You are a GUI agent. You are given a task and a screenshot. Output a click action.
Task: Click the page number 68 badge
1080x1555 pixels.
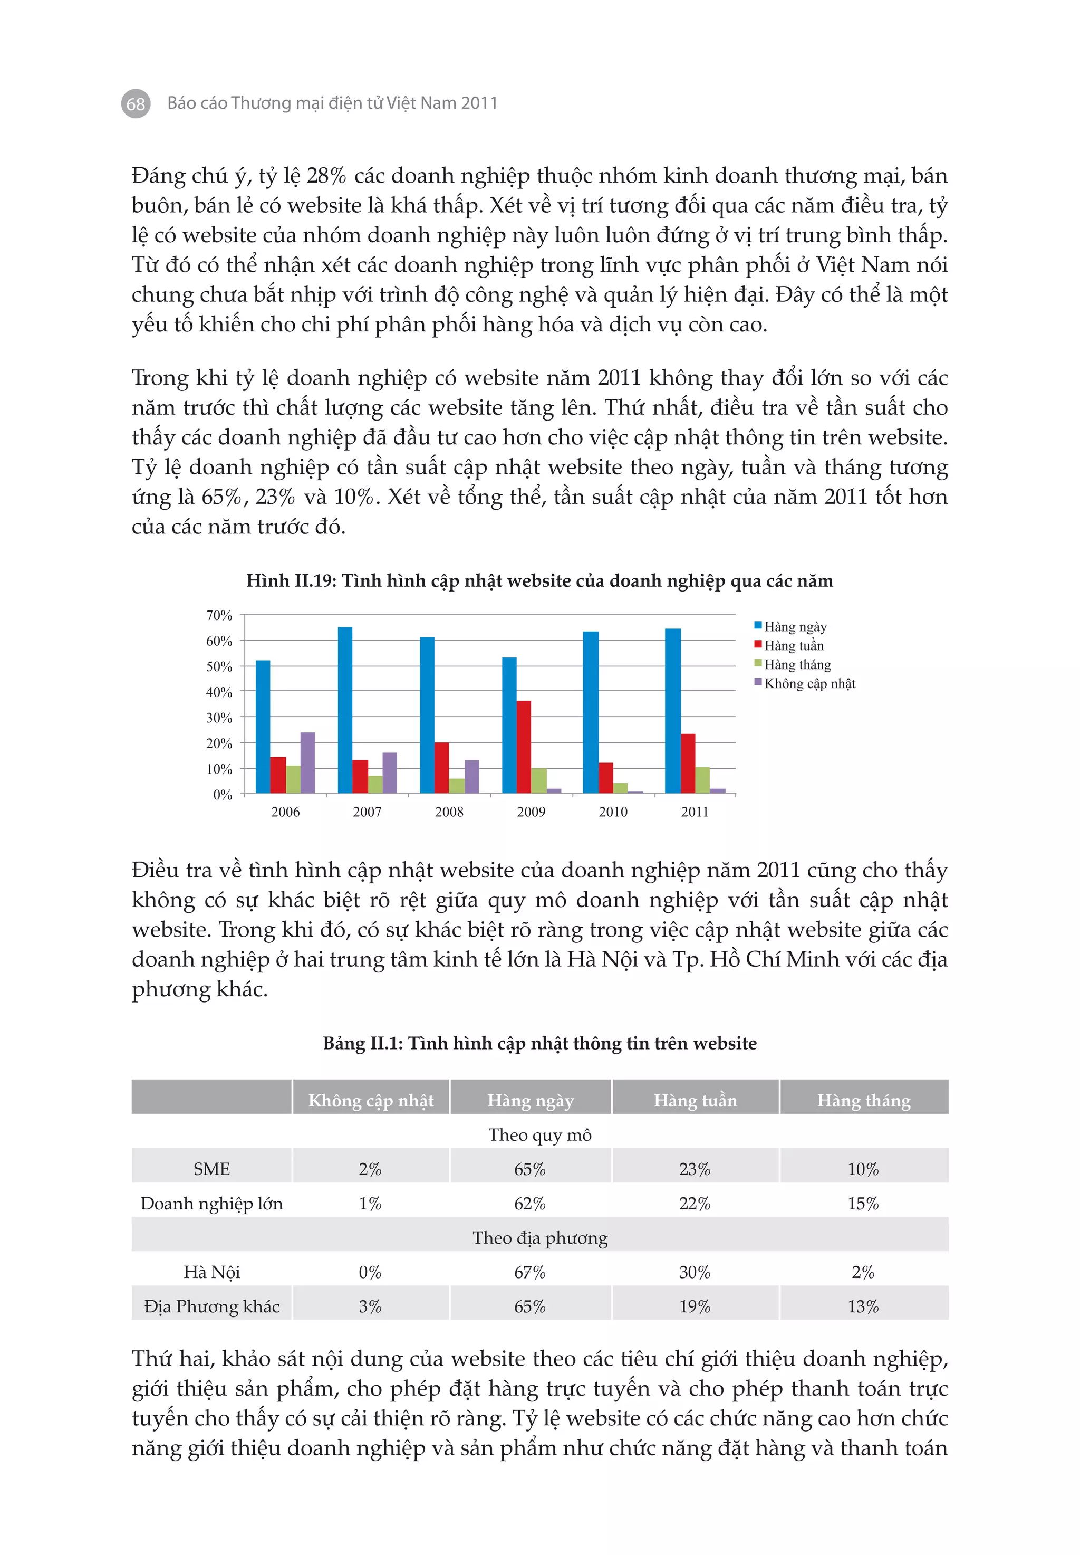pos(136,103)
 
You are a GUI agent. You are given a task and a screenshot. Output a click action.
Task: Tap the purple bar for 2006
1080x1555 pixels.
pos(307,762)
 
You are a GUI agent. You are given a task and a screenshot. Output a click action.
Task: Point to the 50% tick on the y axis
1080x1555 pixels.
pos(219,666)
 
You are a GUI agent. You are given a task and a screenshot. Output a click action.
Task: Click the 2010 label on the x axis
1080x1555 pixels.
pos(613,811)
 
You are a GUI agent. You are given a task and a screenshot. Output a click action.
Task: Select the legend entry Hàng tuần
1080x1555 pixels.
pos(793,645)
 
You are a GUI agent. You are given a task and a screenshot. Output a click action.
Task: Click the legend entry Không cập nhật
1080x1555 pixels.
pos(808,683)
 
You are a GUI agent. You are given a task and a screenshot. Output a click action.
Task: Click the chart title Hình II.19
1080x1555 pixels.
pos(539,581)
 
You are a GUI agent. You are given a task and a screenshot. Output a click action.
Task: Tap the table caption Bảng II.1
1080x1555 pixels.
pos(539,1043)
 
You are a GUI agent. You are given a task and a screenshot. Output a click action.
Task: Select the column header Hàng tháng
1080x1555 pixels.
pos(863,1100)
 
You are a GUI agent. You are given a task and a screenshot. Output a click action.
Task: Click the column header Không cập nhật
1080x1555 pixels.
pos(370,1100)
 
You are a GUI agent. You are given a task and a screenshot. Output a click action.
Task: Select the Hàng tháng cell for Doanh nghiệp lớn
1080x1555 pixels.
pos(863,1203)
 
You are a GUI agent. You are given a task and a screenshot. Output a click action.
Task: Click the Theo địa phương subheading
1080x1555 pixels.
pos(539,1237)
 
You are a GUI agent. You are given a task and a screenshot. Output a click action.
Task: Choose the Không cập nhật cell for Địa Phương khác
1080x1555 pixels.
pos(370,1306)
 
